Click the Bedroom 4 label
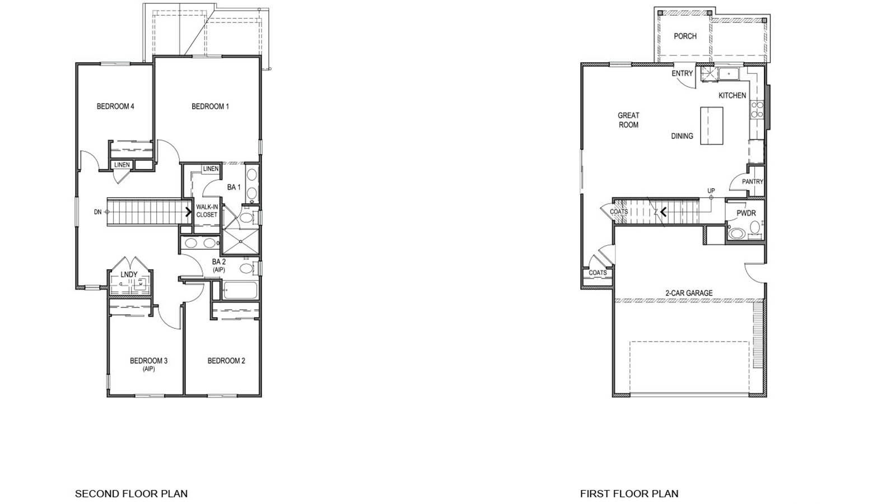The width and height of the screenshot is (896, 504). point(115,106)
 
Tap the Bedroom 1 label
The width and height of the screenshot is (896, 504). point(210,106)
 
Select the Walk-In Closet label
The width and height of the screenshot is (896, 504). point(207,211)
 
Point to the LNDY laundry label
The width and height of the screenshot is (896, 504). point(129,274)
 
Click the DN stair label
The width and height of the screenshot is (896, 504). point(98,212)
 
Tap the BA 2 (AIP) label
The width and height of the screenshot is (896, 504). point(219,265)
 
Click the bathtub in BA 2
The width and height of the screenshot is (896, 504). point(240,290)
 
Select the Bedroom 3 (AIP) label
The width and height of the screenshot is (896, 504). point(148,364)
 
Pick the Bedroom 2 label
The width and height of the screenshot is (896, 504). point(226,361)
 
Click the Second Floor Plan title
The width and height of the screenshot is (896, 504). point(131,493)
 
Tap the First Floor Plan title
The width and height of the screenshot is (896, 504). point(629,493)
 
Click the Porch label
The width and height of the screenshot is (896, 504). point(685,36)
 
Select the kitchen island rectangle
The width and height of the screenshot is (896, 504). point(712,125)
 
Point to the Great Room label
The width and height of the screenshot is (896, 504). point(628,120)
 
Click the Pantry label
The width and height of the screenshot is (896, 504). point(752,181)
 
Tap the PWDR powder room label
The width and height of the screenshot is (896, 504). point(746,213)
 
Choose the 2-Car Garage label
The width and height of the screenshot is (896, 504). point(689,293)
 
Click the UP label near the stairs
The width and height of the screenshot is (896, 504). point(711,191)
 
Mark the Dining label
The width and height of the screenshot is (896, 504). point(682,136)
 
